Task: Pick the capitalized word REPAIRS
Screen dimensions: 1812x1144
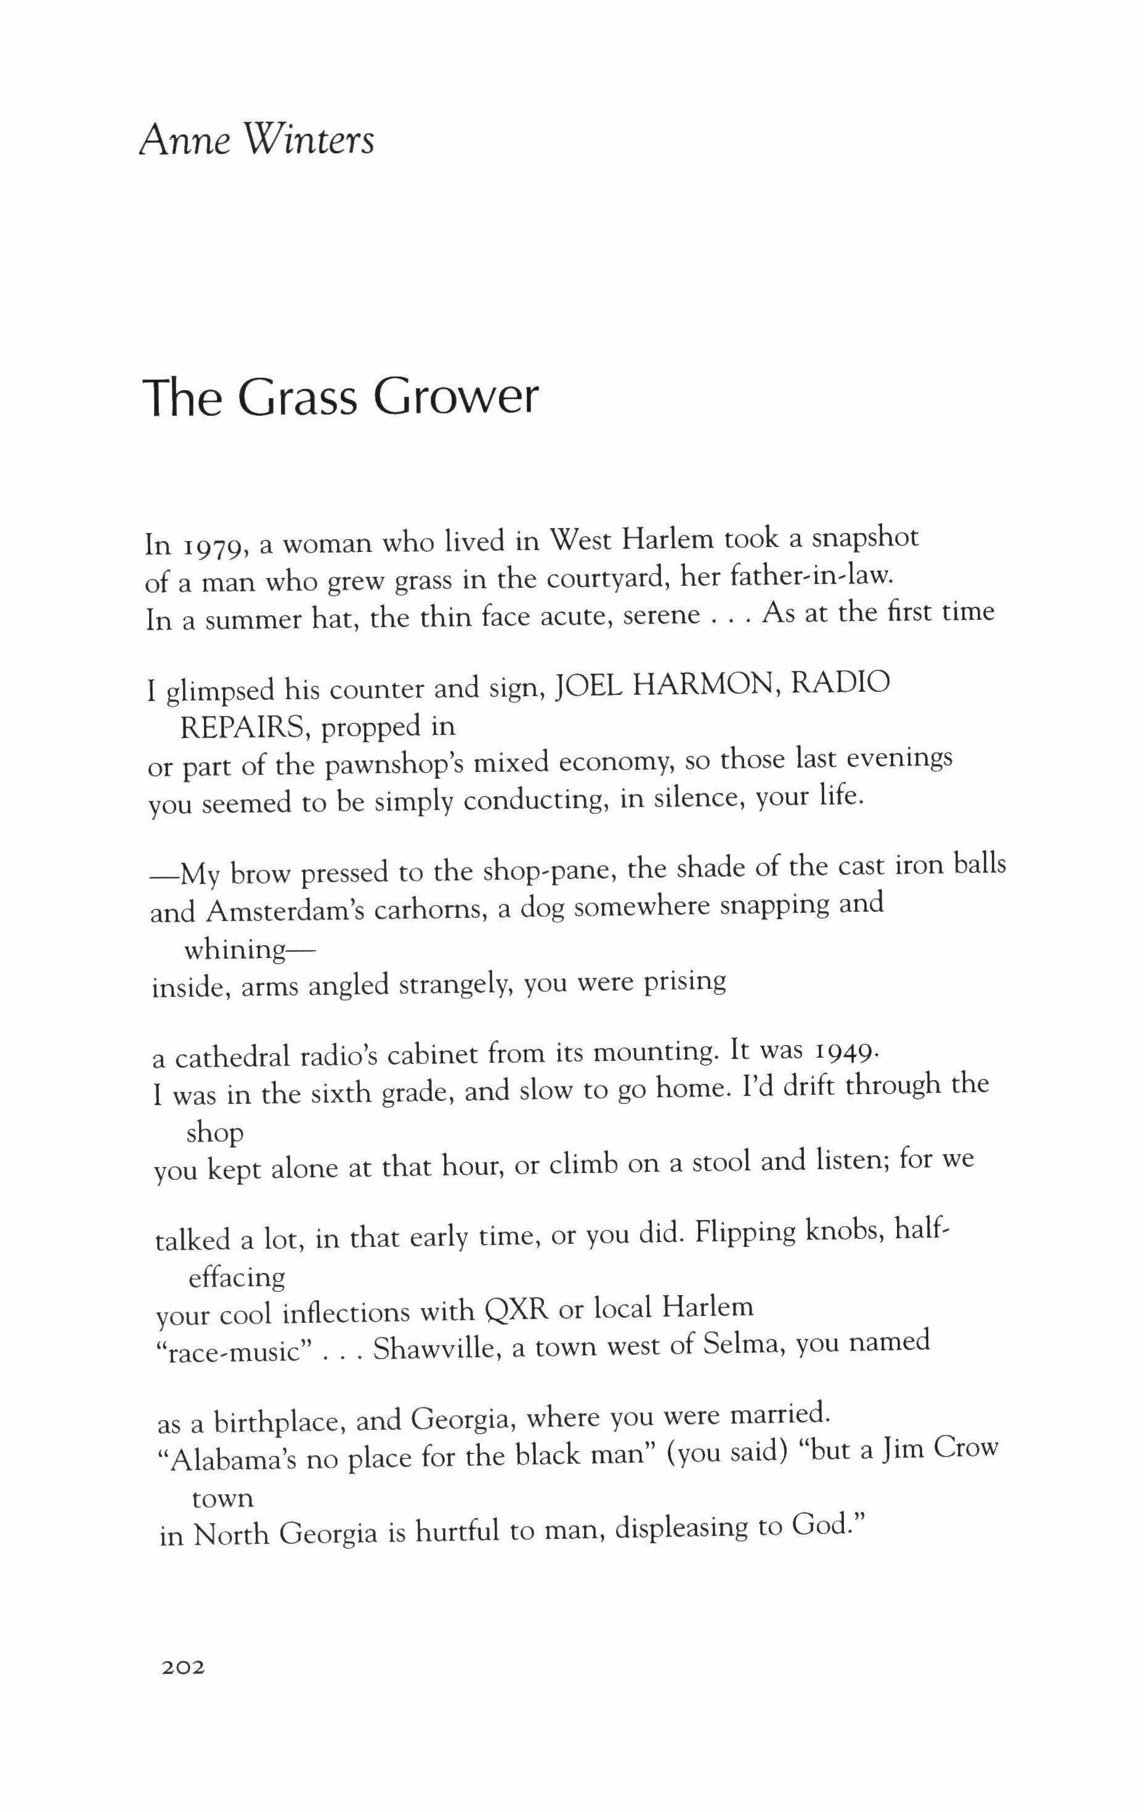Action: coord(244,727)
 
